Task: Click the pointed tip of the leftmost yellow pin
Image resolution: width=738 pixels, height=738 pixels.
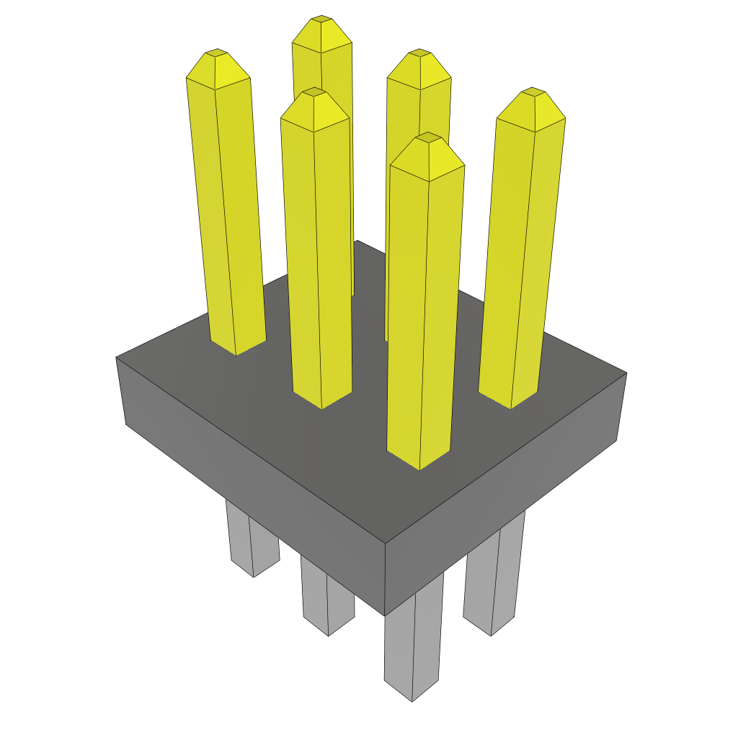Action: pos(215,53)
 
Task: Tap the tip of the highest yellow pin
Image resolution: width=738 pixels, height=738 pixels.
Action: pos(321,18)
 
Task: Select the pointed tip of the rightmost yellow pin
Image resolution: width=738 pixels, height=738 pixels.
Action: pos(533,91)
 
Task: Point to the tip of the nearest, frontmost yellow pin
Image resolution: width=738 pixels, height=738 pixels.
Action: pos(429,135)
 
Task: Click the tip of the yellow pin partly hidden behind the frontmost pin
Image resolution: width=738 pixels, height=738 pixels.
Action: pos(419,53)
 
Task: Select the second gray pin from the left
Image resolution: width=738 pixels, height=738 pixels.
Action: pos(328,598)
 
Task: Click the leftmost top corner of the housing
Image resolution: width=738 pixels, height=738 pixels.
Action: pos(117,357)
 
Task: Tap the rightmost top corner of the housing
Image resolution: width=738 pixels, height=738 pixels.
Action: pos(626,373)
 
